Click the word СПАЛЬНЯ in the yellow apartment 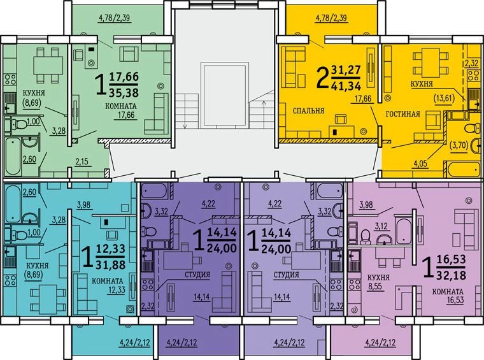point(308,110)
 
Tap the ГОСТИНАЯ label point(403,114)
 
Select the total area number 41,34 point(346,85)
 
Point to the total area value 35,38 point(124,92)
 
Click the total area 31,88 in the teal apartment point(111,264)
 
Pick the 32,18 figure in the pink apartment point(451,275)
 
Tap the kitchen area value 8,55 point(374,286)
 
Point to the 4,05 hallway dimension point(420,163)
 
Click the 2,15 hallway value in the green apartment point(82,161)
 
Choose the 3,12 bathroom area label point(381,226)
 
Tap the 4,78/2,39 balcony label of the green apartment point(114,18)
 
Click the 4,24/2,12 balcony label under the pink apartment point(380,342)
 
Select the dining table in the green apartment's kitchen point(48,65)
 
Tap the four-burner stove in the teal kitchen point(10,280)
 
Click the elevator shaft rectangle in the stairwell point(225,96)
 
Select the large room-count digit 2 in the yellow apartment point(323,78)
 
